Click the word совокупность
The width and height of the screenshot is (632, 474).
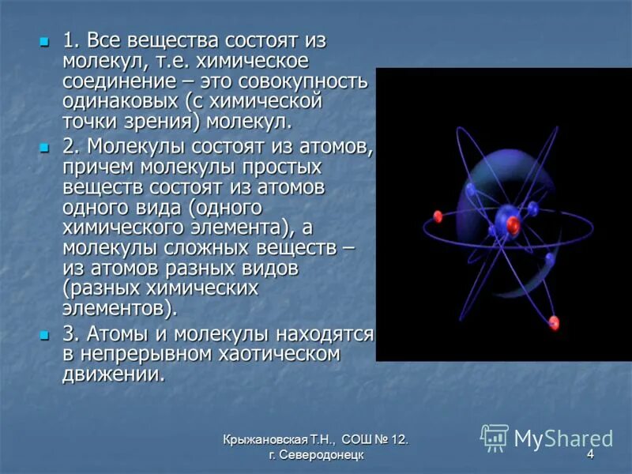(x=303, y=82)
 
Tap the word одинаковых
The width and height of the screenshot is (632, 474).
(x=120, y=101)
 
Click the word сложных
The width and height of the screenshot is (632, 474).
(x=206, y=248)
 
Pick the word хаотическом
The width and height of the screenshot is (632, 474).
(x=280, y=354)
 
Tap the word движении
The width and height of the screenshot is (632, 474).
(x=114, y=374)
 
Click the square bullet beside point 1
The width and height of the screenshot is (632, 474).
(x=44, y=42)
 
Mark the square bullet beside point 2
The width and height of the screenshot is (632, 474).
(x=44, y=148)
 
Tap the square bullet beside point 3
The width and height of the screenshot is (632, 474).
(x=44, y=335)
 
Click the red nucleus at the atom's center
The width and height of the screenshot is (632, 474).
(x=513, y=224)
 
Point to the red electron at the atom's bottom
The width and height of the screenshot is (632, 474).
(x=555, y=322)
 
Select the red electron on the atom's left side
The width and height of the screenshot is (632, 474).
(x=438, y=216)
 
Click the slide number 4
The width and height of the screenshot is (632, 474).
(x=590, y=455)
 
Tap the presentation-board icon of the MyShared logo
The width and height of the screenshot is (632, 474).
(x=495, y=438)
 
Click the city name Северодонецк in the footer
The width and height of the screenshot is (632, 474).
(x=322, y=455)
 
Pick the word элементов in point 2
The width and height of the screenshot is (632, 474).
(x=114, y=309)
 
